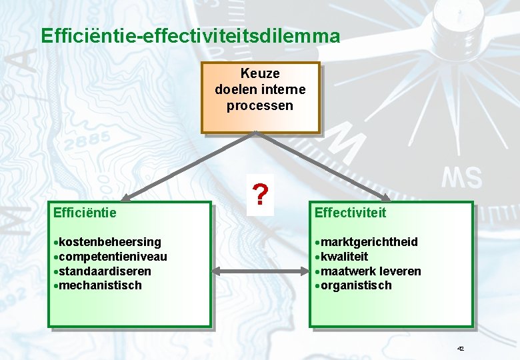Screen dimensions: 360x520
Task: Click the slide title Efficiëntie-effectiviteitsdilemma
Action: point(190,35)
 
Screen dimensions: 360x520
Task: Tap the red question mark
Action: point(261,195)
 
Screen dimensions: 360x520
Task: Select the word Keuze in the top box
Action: point(260,73)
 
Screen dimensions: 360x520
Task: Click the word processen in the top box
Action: point(260,105)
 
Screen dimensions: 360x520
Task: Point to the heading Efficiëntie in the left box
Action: point(85,213)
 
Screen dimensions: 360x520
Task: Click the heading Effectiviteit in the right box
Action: point(350,213)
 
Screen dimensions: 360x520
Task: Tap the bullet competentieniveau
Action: point(113,256)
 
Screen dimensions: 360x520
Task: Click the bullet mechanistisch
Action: point(100,285)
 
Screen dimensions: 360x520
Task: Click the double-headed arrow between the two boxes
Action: point(260,271)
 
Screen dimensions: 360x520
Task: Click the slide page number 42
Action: point(461,349)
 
